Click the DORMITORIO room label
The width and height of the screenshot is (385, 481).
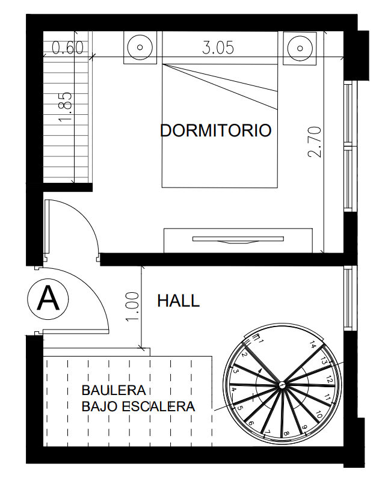coord(215,130)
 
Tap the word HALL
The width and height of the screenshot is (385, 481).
coord(179,301)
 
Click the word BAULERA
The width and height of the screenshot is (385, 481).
coord(114,390)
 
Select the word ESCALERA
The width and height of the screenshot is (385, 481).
coord(158,406)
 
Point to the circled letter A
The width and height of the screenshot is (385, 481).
coord(48,298)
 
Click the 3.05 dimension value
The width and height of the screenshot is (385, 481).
coord(218,48)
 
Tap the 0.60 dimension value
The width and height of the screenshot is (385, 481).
coord(67,48)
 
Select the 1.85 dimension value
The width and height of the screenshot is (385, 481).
coord(66,107)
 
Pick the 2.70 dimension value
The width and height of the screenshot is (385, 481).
coord(315,142)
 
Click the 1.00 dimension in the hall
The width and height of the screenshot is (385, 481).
coord(132,307)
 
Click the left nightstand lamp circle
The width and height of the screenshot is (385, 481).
coord(140,47)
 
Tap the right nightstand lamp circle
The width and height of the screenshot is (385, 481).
coord(300,48)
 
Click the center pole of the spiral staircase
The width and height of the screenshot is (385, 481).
coord(282,384)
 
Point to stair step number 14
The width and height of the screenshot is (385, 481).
coord(313,345)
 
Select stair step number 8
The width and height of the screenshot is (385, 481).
coord(286,434)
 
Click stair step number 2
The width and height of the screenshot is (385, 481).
coord(244,355)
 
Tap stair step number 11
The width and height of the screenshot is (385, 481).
coord(327,398)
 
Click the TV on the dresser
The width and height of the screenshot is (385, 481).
coord(238,239)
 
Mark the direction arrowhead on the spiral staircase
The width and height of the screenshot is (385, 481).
coord(260,370)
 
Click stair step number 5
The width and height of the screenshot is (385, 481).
coord(241,408)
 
